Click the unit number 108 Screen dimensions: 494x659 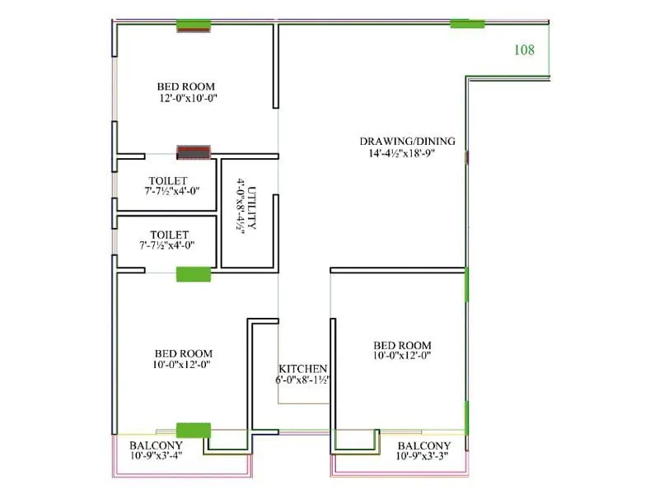[524, 50]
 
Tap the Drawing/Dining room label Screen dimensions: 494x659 [407, 141]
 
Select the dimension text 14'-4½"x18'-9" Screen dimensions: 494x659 [407, 152]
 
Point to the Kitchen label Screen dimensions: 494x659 [302, 369]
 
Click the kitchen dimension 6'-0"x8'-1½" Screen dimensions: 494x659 [302, 380]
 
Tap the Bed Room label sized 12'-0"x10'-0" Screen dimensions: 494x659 [186, 86]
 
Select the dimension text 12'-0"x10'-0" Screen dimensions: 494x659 [187, 98]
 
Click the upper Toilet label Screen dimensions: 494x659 [167, 180]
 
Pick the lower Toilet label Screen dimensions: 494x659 [169, 235]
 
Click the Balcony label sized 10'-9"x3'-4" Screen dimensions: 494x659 [156, 445]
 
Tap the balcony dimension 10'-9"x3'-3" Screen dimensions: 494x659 [423, 455]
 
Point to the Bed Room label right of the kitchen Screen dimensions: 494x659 [402, 345]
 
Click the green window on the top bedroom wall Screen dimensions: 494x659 [194, 25]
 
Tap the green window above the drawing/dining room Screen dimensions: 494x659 [467, 24]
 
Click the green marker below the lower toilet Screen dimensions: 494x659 [194, 274]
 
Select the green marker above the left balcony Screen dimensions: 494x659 [194, 430]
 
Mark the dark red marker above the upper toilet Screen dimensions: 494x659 [194, 152]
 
